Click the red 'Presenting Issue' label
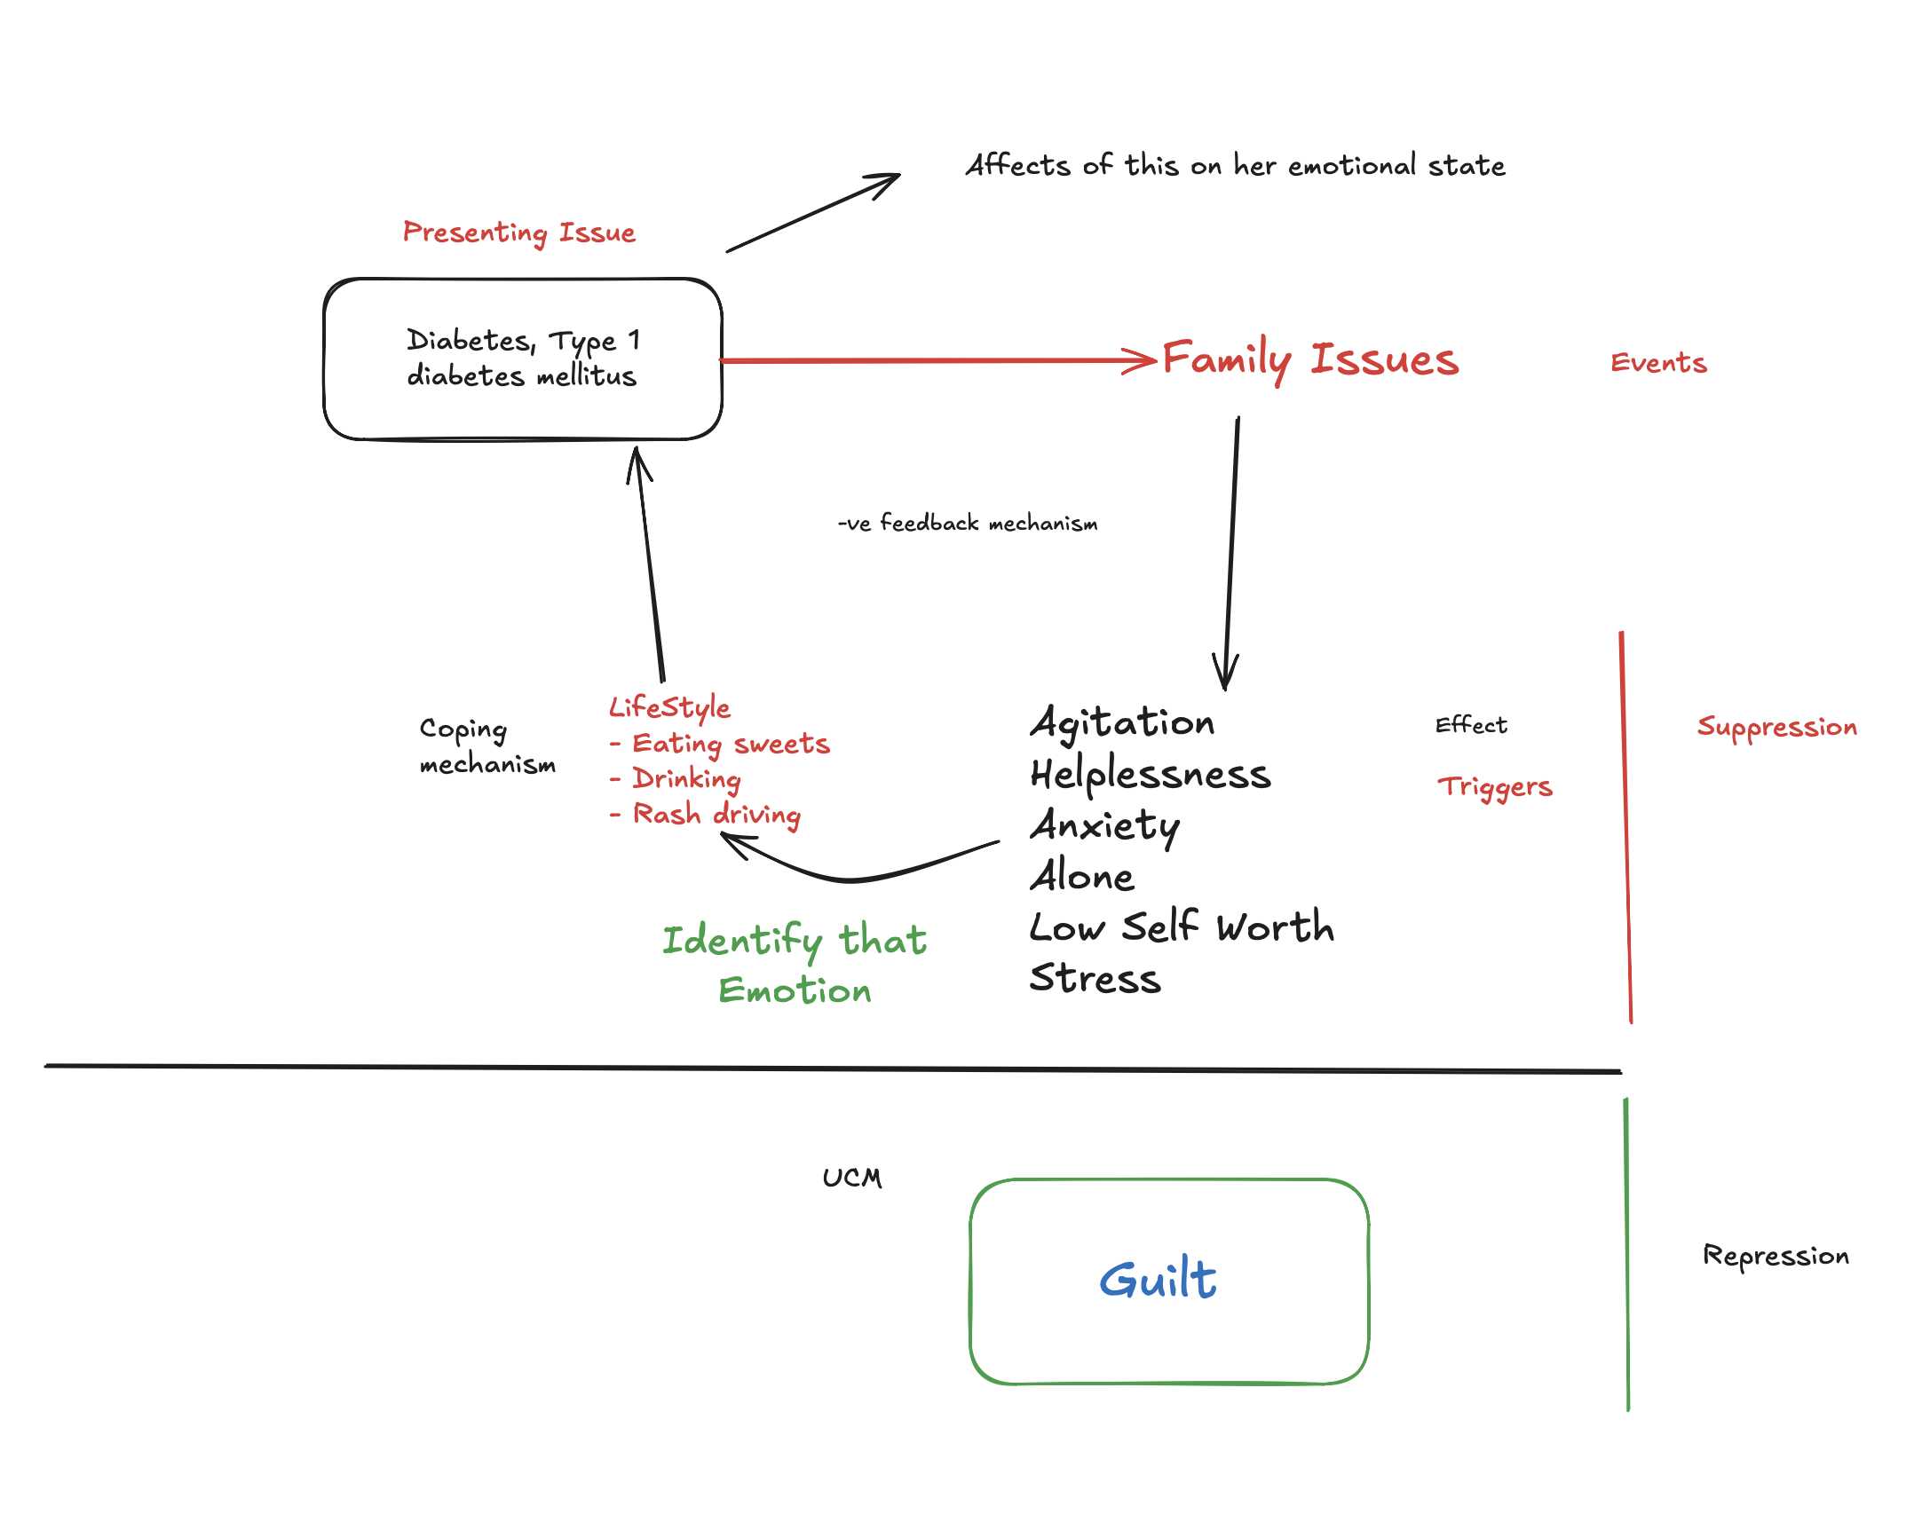point(519,233)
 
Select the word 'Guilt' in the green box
point(1158,1280)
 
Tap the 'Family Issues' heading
point(1310,359)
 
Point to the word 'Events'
point(1658,363)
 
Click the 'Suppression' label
point(1776,727)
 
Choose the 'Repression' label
point(1776,1256)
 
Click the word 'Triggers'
point(1495,787)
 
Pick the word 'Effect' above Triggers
point(1471,725)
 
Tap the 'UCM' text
point(852,1178)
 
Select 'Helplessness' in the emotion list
point(1151,775)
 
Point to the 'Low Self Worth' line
point(1182,927)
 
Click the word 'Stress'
point(1095,978)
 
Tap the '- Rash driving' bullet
point(705,815)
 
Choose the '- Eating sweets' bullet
point(719,744)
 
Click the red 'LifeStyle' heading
point(669,707)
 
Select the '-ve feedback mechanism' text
point(968,524)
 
